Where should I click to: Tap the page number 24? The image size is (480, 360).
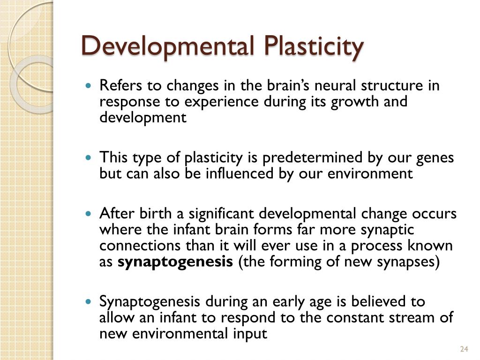click(464, 349)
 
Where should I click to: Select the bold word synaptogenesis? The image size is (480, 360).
click(175, 262)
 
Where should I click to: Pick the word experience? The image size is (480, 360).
click(220, 102)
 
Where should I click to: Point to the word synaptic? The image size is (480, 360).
click(388, 230)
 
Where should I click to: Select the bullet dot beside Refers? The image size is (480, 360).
click(90, 87)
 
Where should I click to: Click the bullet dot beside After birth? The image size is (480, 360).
click(90, 214)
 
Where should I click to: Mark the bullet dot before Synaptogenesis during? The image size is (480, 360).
click(90, 302)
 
